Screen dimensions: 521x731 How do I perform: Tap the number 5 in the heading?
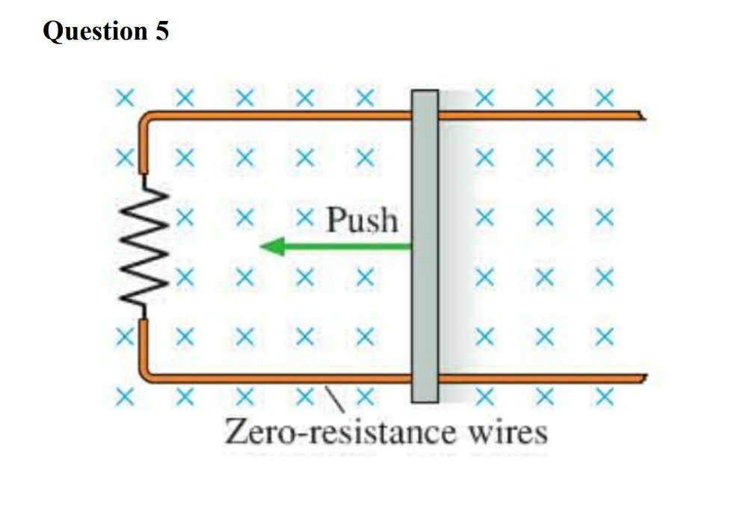tap(162, 31)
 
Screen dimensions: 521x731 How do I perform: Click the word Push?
tap(363, 220)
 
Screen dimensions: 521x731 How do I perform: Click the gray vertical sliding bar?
tap(425, 246)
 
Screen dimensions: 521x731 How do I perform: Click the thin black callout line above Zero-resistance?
tap(333, 396)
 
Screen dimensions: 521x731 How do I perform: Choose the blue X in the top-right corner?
tap(605, 97)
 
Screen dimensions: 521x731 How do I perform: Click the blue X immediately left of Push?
tap(303, 218)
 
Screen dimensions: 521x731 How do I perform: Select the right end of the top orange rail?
tap(640, 116)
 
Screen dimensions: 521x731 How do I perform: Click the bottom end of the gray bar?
tap(425, 398)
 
